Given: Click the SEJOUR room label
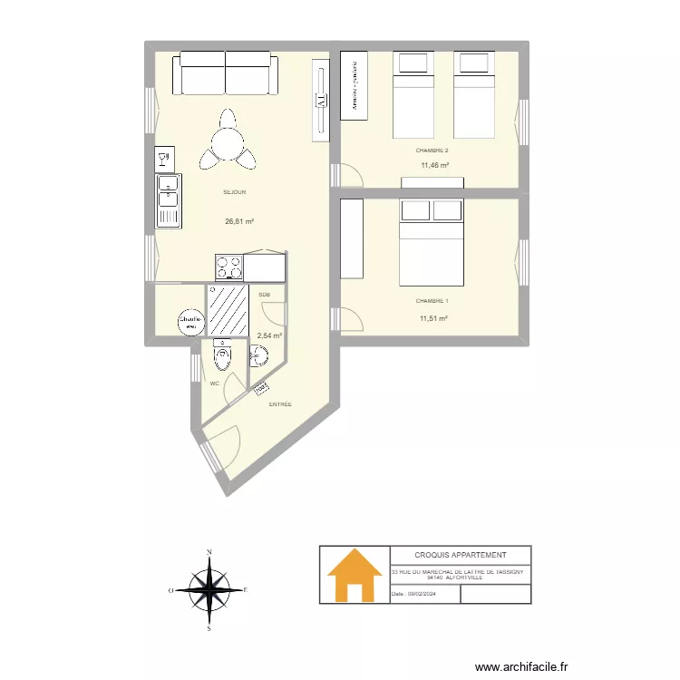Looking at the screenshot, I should coord(235,192).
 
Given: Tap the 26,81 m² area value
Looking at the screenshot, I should coord(239,221).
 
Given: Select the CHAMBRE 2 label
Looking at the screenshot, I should coord(432,151).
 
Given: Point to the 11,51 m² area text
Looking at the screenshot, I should coord(433,318).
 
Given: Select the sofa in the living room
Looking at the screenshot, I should coord(226,73).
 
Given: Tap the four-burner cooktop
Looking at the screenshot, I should coord(228,267).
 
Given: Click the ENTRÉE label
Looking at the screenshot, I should coord(280,405).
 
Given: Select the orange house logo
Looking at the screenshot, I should coord(354,576).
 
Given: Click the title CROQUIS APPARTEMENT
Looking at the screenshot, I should coord(460,555).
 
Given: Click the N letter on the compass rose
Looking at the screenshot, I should coord(209,551).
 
